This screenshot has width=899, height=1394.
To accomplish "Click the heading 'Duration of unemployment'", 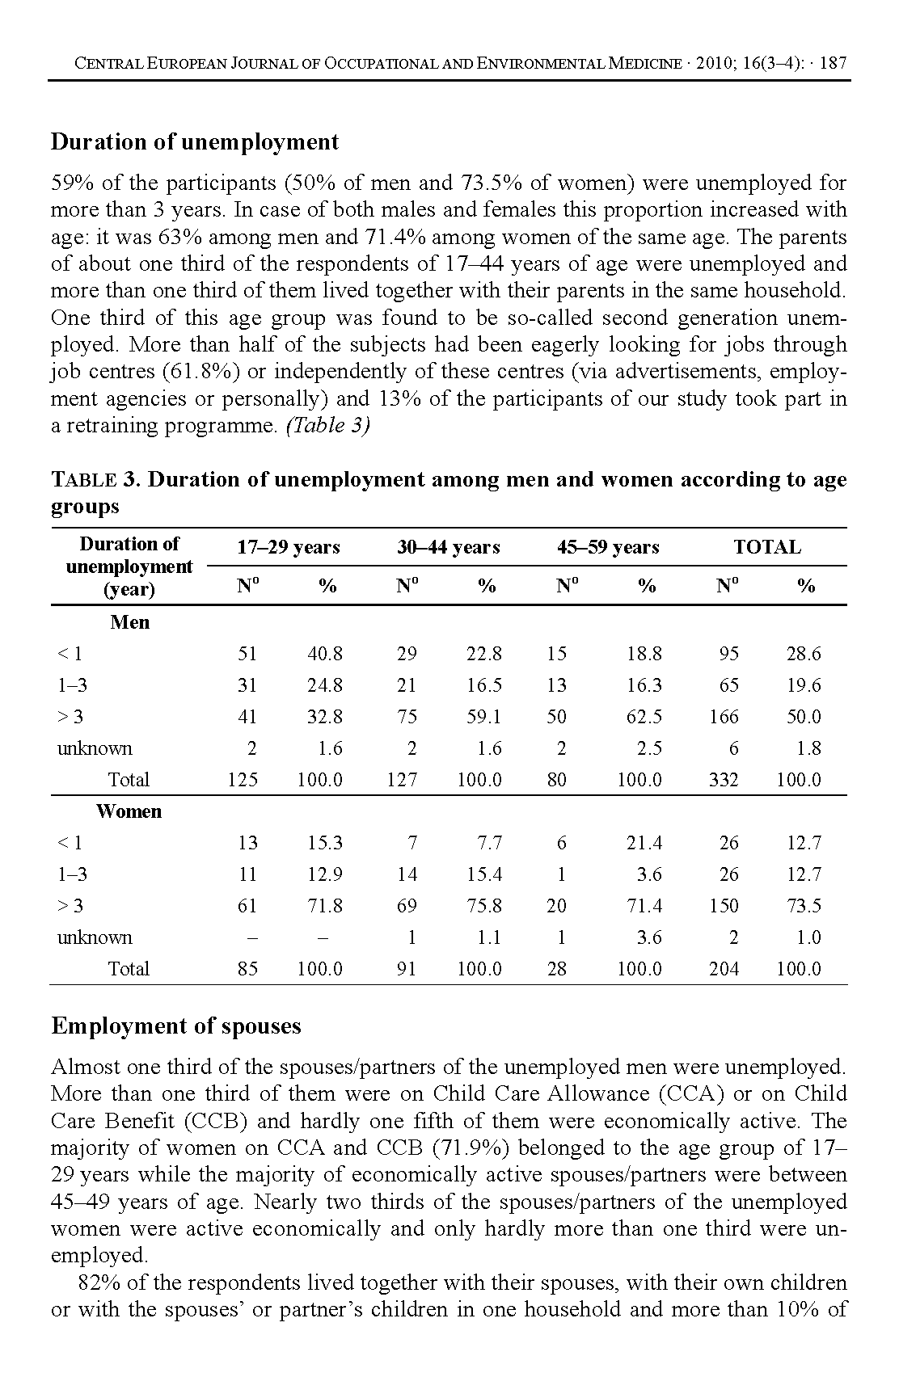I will click(195, 142).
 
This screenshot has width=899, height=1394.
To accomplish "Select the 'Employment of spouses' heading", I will click(176, 1026).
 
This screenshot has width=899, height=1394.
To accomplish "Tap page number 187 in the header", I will click(833, 63).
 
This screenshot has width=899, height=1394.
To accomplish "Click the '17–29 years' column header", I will click(288, 547).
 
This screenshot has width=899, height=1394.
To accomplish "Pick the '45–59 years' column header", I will click(608, 547).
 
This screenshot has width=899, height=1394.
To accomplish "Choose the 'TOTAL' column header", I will click(766, 547).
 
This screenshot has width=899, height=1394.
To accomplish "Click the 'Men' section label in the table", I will click(129, 622).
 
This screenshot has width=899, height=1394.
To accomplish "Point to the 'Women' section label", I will click(129, 811).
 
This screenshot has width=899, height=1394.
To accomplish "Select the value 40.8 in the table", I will click(325, 654).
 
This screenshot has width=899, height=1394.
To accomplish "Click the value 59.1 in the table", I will click(484, 717).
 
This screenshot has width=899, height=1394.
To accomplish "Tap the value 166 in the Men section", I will click(724, 717).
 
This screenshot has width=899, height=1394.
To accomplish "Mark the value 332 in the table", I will click(724, 780).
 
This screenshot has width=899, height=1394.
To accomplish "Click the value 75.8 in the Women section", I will click(484, 906).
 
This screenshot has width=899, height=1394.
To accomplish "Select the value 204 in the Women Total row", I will click(724, 969).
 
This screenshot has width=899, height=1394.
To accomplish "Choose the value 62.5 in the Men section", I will click(644, 717).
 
